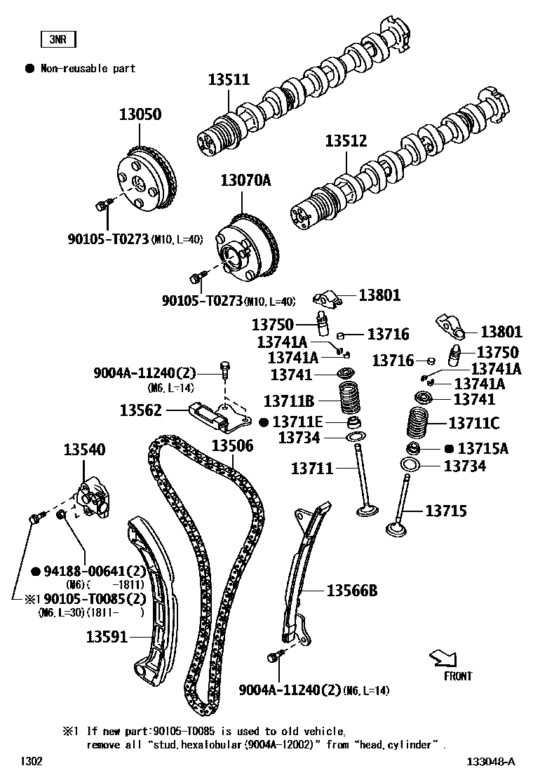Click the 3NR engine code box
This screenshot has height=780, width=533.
tap(58, 39)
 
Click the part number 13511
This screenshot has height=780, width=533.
tap(229, 80)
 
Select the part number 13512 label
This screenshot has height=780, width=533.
tap(346, 141)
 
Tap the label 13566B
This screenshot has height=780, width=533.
tap(351, 591)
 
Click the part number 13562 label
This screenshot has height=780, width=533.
tap(141, 410)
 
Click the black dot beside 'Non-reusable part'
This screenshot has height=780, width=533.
tap(29, 69)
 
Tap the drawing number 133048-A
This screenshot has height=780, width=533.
tap(489, 761)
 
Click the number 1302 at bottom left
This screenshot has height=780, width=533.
tap(31, 761)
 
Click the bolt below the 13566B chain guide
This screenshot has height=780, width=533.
tap(274, 656)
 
